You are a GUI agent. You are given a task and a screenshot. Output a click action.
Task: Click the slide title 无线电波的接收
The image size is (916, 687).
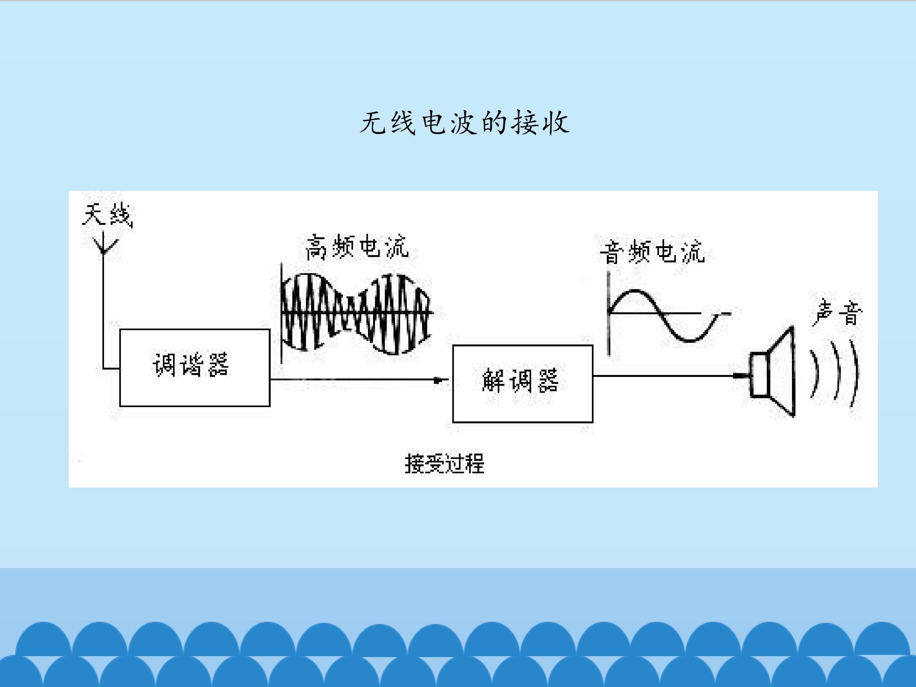464,123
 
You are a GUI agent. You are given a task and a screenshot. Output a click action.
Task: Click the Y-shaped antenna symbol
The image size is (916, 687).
103,244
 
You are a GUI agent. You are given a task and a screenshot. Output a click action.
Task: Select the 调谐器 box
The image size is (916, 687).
195,368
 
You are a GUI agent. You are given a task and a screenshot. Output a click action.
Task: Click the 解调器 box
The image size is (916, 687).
523,384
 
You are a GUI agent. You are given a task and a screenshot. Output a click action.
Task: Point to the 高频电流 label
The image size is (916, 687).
357,247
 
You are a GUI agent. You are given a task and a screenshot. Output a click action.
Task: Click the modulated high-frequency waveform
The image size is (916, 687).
356,314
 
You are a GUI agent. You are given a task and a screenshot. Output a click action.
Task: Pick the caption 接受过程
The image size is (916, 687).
444,463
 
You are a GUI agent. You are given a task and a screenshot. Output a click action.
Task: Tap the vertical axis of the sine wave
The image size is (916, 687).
608,314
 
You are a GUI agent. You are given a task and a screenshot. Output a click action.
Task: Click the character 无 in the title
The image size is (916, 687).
373,123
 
